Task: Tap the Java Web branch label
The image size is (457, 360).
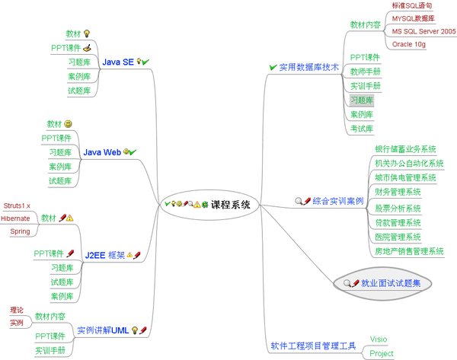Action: click(102, 152)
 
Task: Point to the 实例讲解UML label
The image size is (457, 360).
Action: click(102, 330)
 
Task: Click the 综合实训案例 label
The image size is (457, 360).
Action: click(337, 202)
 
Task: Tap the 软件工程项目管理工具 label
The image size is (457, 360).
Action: click(313, 346)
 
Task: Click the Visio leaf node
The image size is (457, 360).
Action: click(379, 339)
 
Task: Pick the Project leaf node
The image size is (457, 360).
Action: click(382, 354)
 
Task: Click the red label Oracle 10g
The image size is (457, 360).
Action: click(412, 45)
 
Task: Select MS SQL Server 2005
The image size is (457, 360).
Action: click(423, 31)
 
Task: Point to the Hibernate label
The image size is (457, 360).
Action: click(15, 218)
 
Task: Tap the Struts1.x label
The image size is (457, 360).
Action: click(17, 205)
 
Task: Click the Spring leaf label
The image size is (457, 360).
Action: click(19, 231)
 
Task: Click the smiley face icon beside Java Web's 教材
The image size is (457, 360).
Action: click(69, 124)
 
